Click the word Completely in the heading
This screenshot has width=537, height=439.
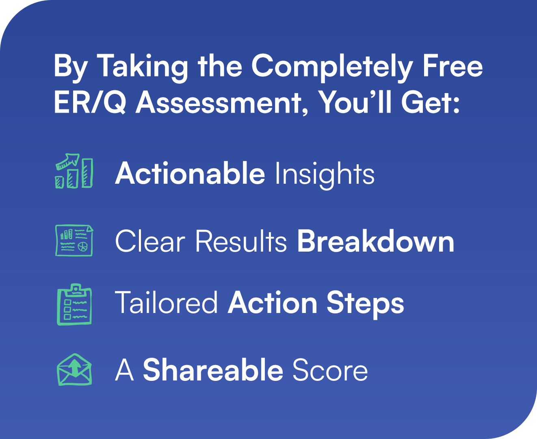[332, 67]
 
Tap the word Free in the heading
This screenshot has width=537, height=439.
[453, 65]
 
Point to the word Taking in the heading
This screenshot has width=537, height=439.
[142, 67]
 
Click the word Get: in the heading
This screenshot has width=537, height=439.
[430, 102]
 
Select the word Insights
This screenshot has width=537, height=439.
[325, 175]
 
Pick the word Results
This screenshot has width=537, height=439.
[241, 241]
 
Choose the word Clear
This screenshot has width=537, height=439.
[150, 241]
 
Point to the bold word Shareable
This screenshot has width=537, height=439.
[213, 369]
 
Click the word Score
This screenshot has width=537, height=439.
[330, 370]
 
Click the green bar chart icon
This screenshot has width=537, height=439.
[74, 171]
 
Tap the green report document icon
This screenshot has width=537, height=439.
[74, 240]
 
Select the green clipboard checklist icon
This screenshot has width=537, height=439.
[74, 304]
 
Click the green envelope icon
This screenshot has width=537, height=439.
[74, 369]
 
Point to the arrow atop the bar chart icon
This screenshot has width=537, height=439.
[68, 161]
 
